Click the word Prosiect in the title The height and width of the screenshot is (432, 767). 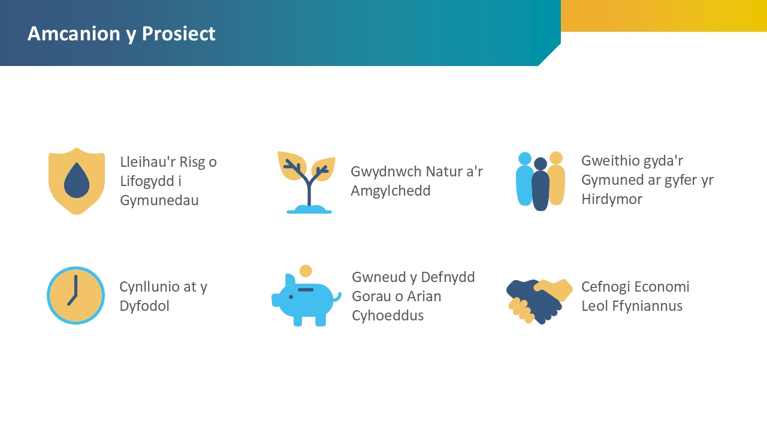click(x=179, y=34)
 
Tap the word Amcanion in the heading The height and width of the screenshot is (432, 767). click(x=74, y=34)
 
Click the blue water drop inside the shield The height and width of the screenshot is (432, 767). click(x=77, y=181)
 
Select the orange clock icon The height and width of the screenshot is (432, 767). click(x=76, y=295)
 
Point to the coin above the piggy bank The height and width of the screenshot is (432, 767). click(x=306, y=271)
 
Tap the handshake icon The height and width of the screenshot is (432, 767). click(x=539, y=301)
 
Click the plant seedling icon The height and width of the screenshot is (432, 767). click(x=306, y=182)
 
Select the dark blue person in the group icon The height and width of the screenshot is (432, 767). click(x=540, y=184)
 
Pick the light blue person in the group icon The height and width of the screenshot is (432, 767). click(x=524, y=179)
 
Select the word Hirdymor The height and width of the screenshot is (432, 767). click(x=612, y=199)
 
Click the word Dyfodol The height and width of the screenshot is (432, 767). click(x=144, y=306)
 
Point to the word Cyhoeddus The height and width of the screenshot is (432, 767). click(x=388, y=316)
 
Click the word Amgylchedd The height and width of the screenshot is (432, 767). click(x=391, y=191)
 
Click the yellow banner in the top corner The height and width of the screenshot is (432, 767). click(x=664, y=16)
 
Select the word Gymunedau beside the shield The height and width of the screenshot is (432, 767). click(x=159, y=200)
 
